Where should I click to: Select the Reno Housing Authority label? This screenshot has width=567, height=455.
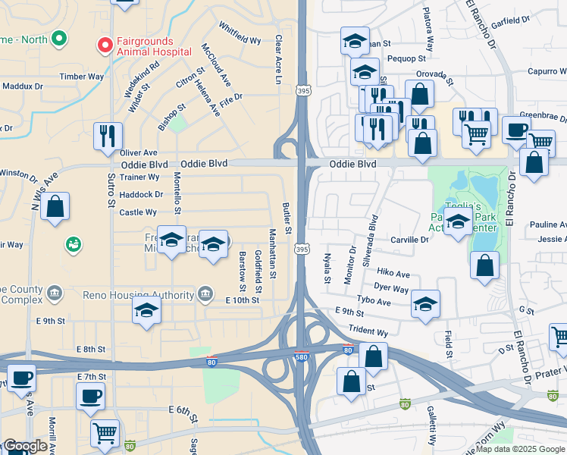157,295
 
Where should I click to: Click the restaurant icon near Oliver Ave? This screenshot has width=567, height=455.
107,136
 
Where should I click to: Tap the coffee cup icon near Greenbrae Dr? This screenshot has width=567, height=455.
516,130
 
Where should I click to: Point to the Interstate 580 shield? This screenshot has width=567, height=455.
302,356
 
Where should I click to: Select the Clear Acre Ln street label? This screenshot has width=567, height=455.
278,59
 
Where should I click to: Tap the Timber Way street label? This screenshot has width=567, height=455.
81,77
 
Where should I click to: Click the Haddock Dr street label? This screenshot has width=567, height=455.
141,194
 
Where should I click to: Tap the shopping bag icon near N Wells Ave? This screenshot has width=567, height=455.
55,206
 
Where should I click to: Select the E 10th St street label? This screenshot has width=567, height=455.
243,300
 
